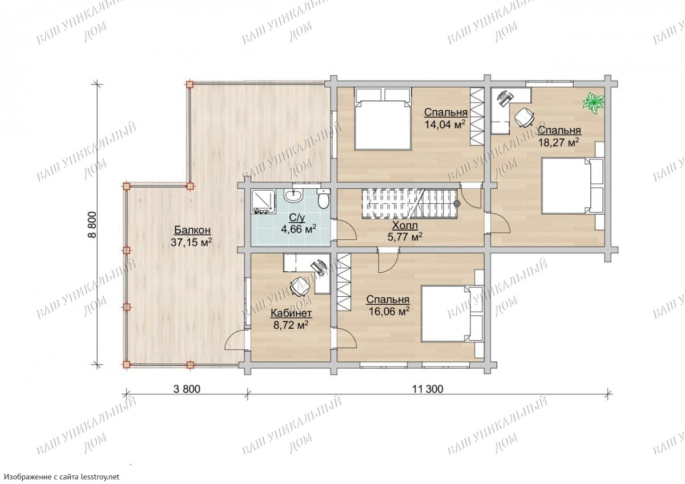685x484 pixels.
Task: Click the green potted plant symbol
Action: (x=594, y=104)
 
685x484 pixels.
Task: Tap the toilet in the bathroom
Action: (x=323, y=199)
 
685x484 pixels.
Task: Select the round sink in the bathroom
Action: (x=293, y=195)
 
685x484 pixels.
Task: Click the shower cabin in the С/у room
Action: (x=264, y=201)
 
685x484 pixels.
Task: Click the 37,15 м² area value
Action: (x=191, y=242)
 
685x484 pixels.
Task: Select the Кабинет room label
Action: (x=291, y=313)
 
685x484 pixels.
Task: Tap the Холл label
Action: (x=405, y=225)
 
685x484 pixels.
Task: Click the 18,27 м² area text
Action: (x=559, y=143)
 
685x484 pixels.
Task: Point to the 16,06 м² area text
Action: (x=389, y=311)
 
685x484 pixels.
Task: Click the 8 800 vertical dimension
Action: (x=92, y=224)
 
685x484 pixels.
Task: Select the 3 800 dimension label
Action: (x=187, y=389)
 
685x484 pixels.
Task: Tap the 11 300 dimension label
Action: (x=428, y=389)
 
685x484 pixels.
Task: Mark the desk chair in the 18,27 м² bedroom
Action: (x=524, y=117)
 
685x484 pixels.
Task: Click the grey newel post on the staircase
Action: (x=457, y=203)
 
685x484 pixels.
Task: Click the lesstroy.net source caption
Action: (x=62, y=477)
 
